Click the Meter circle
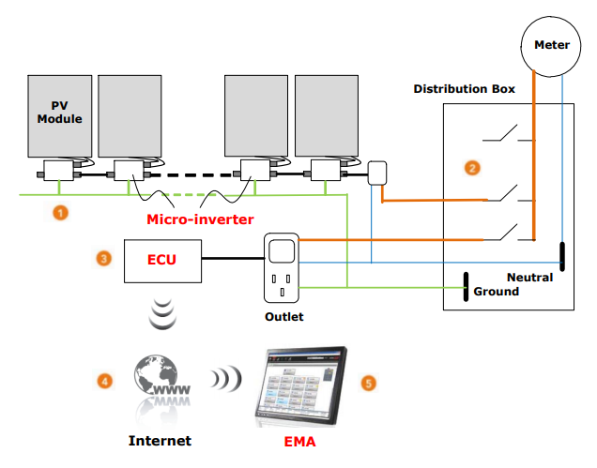click(x=551, y=44)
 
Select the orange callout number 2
click(x=472, y=168)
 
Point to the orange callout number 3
click(x=105, y=256)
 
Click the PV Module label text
click(x=59, y=112)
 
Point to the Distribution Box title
click(x=465, y=89)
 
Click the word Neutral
click(x=529, y=278)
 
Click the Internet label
click(x=160, y=440)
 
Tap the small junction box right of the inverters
click(x=377, y=174)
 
